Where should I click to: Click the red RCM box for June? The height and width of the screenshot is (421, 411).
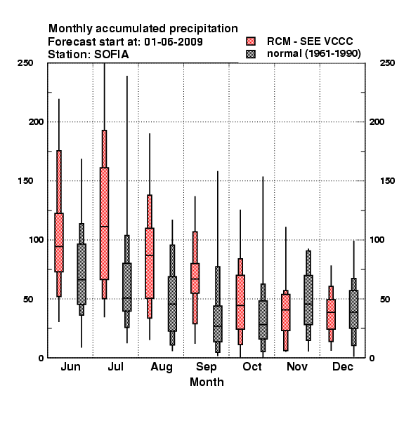click(x=59, y=243)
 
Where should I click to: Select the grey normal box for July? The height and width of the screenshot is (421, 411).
click(x=127, y=287)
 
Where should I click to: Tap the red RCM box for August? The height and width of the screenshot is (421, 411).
click(x=150, y=263)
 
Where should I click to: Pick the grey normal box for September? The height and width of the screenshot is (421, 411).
click(x=218, y=323)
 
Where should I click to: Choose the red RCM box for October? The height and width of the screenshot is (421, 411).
click(x=240, y=302)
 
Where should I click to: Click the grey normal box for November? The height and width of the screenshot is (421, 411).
click(x=308, y=300)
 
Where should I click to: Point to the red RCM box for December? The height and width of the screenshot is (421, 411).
click(x=331, y=314)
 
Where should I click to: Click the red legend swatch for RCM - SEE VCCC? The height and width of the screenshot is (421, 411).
click(x=251, y=41)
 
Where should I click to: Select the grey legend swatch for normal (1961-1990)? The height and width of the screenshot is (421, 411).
click(x=251, y=54)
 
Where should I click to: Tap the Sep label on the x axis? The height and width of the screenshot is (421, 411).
click(x=206, y=367)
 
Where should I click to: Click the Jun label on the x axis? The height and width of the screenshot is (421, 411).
click(x=70, y=366)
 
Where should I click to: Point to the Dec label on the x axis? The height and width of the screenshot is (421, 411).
click(x=343, y=366)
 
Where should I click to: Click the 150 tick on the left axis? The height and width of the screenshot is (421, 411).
click(x=25, y=181)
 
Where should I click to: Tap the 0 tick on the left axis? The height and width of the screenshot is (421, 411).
click(x=41, y=358)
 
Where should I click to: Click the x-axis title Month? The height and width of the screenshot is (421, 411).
click(x=207, y=382)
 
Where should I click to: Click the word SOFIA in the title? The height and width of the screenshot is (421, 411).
click(x=111, y=55)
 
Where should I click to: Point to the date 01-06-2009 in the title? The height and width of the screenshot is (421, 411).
click(x=174, y=41)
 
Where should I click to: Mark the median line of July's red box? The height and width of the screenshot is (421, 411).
click(x=104, y=227)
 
